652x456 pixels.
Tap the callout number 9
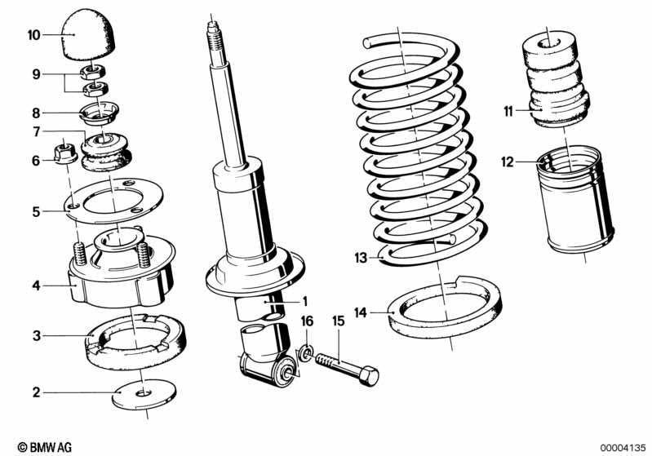(36, 74)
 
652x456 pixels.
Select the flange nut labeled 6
(64, 153)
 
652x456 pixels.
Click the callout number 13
(361, 259)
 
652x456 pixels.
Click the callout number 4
(36, 286)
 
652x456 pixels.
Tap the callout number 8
(36, 113)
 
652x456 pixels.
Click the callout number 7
(36, 131)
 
